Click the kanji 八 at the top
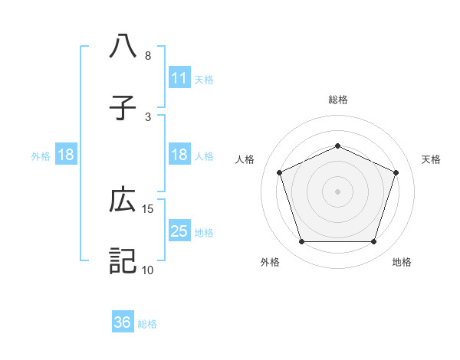[x=123, y=45]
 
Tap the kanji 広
[x=123, y=200]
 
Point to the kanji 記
[x=123, y=261]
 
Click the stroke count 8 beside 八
[x=148, y=56]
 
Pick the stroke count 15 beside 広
[x=148, y=208]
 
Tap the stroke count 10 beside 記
[x=148, y=270]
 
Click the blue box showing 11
[x=179, y=78]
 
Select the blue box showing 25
[x=179, y=231]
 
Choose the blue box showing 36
[x=123, y=322]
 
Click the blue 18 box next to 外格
[x=66, y=155]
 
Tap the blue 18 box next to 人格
[x=179, y=155]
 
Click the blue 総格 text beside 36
[x=147, y=324]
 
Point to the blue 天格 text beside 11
[x=204, y=79]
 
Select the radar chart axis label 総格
[x=337, y=100]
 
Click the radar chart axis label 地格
[x=402, y=262]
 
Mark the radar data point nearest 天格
[x=396, y=172]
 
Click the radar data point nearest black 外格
[x=301, y=242]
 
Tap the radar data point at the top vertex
[x=337, y=146]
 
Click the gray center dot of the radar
[x=337, y=191]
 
